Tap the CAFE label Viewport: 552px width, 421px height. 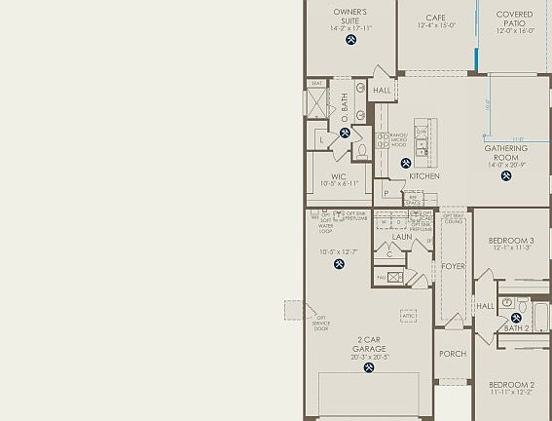436,16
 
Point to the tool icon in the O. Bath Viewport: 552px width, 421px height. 345,134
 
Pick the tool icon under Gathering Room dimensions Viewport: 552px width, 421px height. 506,176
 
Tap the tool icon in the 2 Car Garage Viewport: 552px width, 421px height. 369,367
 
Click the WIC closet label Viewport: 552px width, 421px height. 339,176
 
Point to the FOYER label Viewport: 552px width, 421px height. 453,266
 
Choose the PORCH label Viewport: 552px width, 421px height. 452,354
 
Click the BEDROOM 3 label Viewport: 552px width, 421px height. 511,241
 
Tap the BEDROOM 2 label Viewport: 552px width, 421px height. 511,385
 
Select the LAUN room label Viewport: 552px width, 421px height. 402,236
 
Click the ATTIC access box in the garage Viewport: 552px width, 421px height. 409,316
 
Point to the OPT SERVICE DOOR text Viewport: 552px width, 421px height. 321,324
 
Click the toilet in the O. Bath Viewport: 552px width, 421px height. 360,152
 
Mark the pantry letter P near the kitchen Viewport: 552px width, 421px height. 386,193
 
